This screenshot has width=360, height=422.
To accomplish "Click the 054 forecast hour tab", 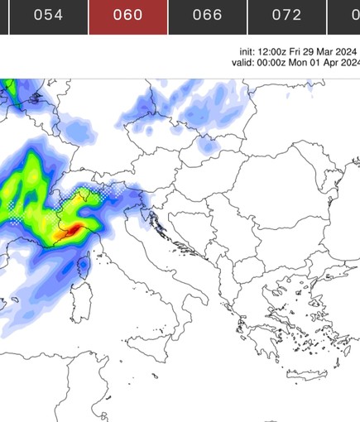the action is (48, 16).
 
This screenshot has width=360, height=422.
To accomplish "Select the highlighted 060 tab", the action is (127, 16).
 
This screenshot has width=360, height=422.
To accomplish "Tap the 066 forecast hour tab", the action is (207, 16).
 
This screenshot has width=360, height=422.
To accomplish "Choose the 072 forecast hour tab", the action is (286, 16).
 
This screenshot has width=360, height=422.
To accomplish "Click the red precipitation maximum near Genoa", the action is (73, 228).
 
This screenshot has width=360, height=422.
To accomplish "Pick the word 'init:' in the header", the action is (248, 51).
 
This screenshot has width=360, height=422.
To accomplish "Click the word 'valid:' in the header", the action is (244, 62).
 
